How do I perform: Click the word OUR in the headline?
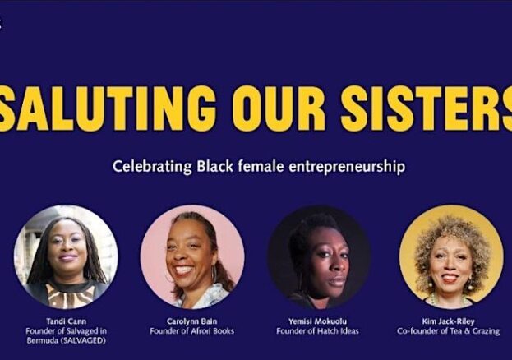[279, 108]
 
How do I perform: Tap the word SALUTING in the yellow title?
[106, 108]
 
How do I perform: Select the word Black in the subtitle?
[214, 166]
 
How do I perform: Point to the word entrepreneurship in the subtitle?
[347, 167]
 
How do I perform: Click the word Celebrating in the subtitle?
[153, 167]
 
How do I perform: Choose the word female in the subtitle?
[261, 166]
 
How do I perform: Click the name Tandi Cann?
[67, 321]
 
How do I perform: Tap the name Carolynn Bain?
[192, 321]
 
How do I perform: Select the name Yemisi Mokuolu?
[318, 321]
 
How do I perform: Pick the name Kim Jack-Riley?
[449, 321]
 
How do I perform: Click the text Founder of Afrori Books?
[192, 331]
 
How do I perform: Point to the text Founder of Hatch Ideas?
[318, 331]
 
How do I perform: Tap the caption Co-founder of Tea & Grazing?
[449, 331]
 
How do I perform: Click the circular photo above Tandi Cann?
[67, 257]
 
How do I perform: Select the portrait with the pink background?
[192, 257]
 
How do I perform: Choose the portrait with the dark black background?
[319, 257]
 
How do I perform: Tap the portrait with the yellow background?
[451, 257]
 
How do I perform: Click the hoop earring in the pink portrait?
[214, 275]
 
